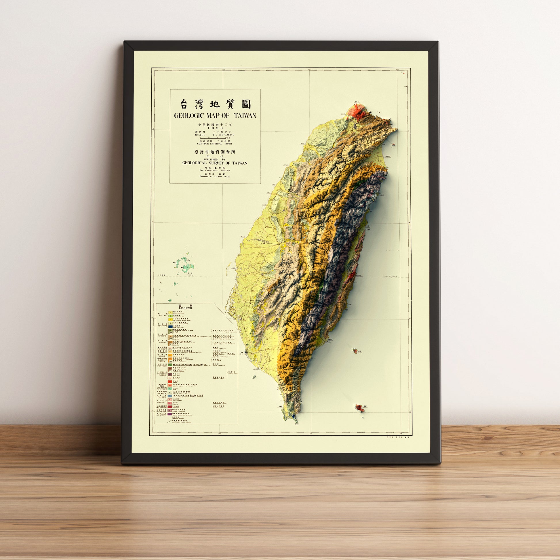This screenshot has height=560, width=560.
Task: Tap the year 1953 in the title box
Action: [215, 128]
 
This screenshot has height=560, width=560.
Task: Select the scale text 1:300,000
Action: [224, 135]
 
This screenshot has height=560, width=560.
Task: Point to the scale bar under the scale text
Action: [215, 138]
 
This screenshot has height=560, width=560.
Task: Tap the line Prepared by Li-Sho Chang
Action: [215, 176]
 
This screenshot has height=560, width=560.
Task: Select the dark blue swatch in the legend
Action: [171, 327]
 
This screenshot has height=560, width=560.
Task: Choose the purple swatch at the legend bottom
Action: [170, 415]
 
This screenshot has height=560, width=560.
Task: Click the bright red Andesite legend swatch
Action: [170, 382]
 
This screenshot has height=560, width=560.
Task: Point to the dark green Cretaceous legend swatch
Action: [170, 365]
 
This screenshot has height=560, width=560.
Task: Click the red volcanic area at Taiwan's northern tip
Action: [358, 112]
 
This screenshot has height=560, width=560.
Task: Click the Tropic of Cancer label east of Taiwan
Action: [390, 277]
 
